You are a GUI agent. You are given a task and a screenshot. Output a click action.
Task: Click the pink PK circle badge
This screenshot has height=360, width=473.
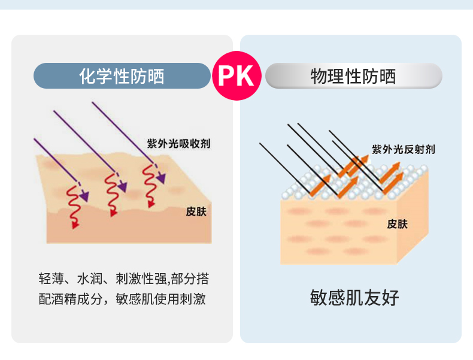pos(236,76)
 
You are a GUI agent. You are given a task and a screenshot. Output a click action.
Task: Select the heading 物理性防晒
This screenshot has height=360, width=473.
pos(353,76)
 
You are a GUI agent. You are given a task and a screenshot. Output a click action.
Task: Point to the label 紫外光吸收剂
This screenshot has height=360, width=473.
pos(178,144)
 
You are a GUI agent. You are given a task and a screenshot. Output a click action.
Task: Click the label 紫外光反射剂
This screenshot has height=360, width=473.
pos(403,149)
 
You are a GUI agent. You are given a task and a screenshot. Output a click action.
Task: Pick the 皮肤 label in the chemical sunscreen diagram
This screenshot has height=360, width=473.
pos(196,211)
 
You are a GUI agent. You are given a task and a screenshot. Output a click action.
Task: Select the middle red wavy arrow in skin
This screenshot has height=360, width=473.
pos(111,192)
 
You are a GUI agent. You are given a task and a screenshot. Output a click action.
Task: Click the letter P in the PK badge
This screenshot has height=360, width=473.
pos(227,76)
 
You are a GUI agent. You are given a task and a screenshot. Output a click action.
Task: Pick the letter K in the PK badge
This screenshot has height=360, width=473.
pos(246,76)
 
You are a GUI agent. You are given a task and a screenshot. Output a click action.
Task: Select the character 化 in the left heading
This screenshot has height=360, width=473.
pos(87,76)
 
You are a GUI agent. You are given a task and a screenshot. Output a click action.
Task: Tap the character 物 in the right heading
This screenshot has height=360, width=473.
pos(319,76)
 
